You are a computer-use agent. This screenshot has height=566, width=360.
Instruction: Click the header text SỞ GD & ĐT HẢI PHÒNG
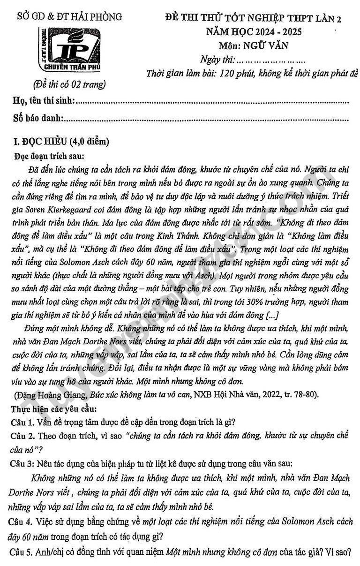point(69,17)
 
